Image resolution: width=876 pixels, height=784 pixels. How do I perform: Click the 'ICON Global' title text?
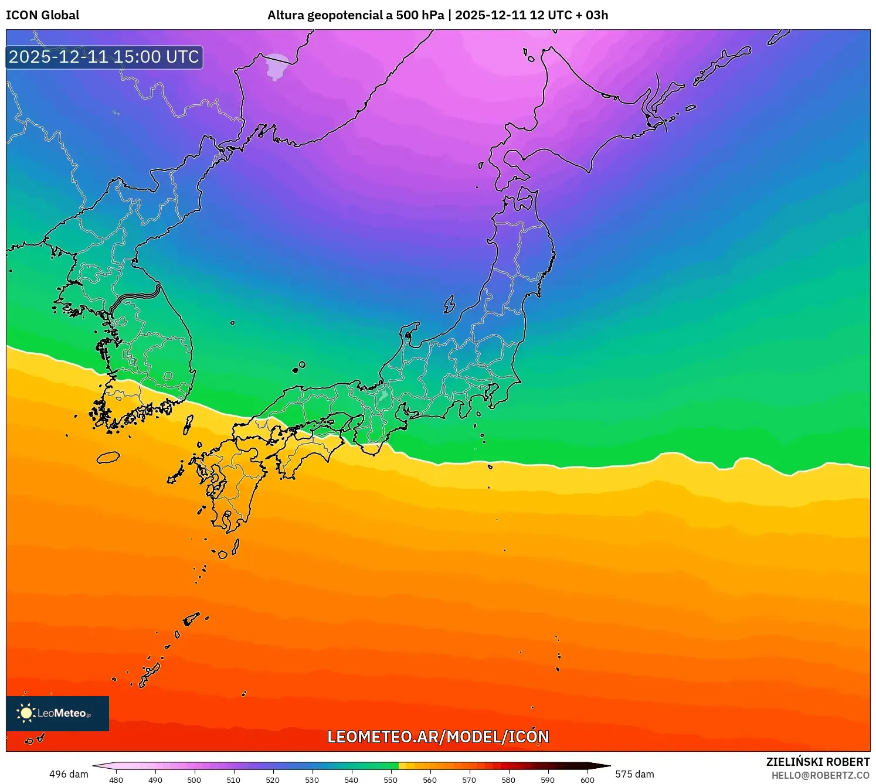click(42, 15)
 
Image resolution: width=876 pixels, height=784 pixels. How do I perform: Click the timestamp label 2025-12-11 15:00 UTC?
click(104, 57)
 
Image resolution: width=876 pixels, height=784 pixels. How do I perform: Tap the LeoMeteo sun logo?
click(26, 713)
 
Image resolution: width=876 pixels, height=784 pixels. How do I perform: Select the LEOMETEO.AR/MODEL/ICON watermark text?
click(437, 737)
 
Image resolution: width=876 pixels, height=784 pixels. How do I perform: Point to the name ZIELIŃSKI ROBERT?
click(817, 762)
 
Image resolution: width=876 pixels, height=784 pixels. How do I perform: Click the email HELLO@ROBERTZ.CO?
click(820, 775)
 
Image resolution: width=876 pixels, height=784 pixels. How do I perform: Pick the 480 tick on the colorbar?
click(116, 779)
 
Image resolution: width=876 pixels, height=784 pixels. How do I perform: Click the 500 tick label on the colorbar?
click(194, 779)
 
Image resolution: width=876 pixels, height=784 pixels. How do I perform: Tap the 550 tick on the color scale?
click(391, 779)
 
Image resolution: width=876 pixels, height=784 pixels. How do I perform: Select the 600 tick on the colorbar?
click(587, 779)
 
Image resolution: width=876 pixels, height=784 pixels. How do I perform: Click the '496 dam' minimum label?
click(69, 774)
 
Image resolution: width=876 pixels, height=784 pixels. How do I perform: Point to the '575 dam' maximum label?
click(634, 774)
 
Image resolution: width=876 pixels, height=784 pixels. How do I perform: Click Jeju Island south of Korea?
click(108, 458)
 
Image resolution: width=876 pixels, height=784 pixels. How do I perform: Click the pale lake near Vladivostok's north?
click(276, 66)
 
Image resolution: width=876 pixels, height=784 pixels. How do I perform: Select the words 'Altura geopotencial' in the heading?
click(324, 15)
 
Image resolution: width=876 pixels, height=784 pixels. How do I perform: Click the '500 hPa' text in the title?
click(420, 15)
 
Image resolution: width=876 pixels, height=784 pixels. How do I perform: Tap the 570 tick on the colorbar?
click(469, 779)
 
